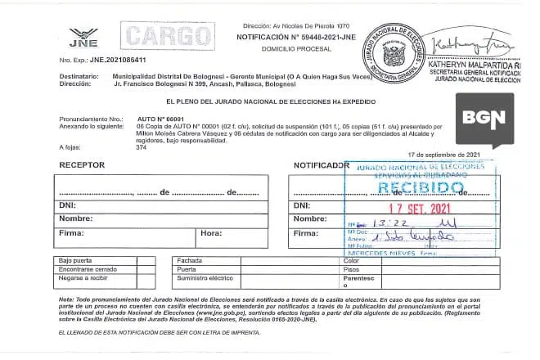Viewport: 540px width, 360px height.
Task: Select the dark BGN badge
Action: [485, 118]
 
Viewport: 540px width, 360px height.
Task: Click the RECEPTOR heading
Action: [80, 164]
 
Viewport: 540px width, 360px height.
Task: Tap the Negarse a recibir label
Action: [85, 278]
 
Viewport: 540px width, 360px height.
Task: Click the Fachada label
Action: [190, 260]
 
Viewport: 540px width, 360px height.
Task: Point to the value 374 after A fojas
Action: [142, 147]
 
